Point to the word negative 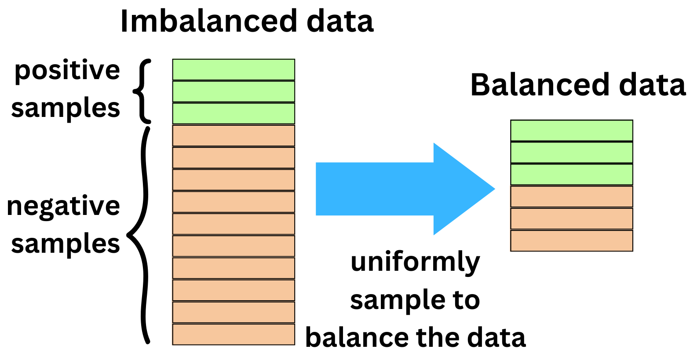(64, 206)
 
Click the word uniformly (415, 262)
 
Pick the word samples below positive (66, 109)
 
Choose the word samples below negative (66, 244)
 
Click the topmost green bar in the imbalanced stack (234, 69)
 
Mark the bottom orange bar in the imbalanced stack (234, 335)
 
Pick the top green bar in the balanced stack (571, 131)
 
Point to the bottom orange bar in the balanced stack (571, 241)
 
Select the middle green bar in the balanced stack (571, 153)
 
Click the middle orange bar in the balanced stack (571, 219)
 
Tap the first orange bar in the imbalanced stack (234, 136)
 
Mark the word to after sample (466, 300)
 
